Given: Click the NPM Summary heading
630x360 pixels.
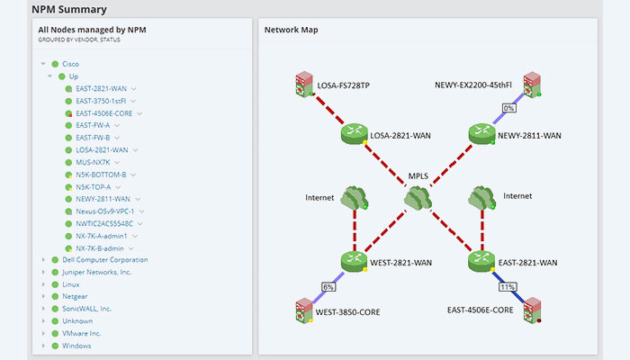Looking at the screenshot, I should (x=69, y=10).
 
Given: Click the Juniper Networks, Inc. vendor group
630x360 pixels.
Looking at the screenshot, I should (x=97, y=272).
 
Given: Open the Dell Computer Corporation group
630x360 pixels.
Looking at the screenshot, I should (x=104, y=259).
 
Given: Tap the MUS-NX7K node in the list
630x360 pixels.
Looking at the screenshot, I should (x=94, y=162).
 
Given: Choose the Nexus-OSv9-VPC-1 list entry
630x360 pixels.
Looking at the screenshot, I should (x=104, y=211).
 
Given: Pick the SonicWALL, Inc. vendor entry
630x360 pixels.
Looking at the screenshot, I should (x=87, y=309).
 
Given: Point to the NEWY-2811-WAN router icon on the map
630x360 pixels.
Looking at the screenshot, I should (x=481, y=134).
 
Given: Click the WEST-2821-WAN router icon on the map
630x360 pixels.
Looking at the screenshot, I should (x=354, y=261).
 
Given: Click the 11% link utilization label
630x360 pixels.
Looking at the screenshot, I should (x=507, y=288).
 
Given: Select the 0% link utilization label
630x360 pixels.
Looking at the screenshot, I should (x=508, y=108).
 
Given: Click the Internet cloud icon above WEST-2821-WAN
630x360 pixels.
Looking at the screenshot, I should (x=352, y=198).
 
